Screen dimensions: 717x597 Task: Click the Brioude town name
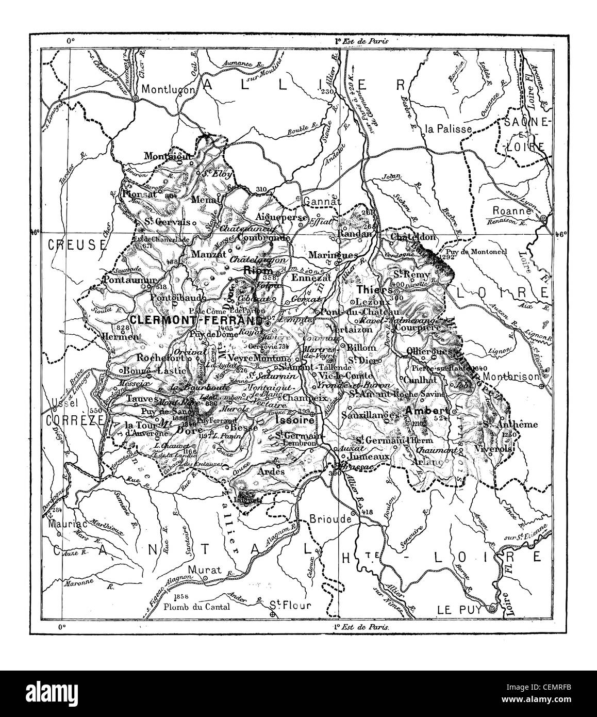(x=330, y=519)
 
